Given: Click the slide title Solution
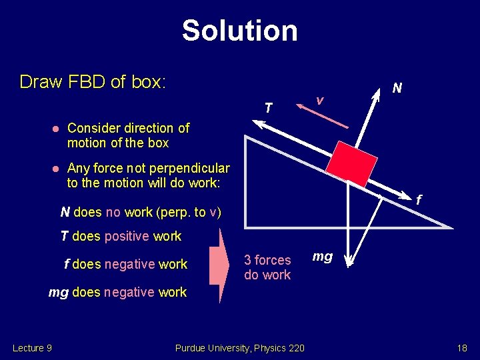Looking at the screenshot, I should point(239,31).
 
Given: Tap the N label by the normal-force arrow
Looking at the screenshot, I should point(397,87).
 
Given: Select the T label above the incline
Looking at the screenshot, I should point(268,107).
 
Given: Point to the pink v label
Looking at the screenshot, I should point(320,100).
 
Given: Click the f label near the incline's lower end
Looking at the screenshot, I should point(418,199).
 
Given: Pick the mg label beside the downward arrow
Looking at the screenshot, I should point(323,256).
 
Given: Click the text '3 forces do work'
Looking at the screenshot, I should point(267,267).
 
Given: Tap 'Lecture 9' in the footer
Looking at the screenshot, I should point(33,347).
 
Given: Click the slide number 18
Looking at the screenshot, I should point(462,347).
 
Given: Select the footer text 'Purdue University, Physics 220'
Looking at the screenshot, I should point(239,347).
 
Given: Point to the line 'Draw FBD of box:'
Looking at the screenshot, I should point(93,82).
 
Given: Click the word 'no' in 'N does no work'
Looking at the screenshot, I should point(113,213).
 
